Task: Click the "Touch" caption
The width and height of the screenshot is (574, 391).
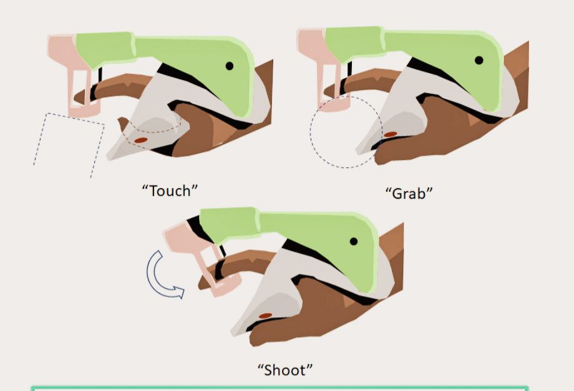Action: [x=170, y=191]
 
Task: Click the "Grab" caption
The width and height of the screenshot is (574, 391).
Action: [x=409, y=193]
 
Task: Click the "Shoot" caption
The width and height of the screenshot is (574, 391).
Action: [x=286, y=370]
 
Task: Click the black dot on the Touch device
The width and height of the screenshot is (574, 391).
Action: [x=230, y=66]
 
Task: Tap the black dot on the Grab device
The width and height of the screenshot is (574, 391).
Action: [x=479, y=60]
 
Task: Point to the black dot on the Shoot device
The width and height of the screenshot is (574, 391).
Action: [x=354, y=242]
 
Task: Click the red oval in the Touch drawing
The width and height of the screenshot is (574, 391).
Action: [x=140, y=140]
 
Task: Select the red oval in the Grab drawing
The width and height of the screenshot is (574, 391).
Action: [x=390, y=134]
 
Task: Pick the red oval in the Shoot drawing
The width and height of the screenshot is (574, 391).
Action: [x=265, y=315]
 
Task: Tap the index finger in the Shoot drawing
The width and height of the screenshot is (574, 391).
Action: [x=238, y=264]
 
